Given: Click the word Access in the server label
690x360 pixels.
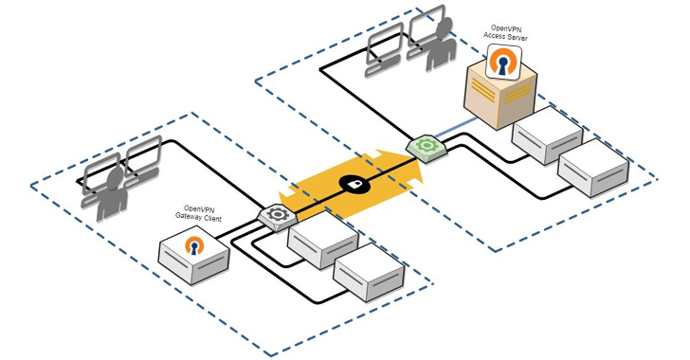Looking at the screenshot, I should (x=495, y=37).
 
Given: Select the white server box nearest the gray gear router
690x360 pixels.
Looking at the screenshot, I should (x=322, y=242).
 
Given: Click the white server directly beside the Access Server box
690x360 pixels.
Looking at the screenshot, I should (x=547, y=135).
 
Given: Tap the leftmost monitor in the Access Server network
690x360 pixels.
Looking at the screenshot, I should (x=387, y=43).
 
